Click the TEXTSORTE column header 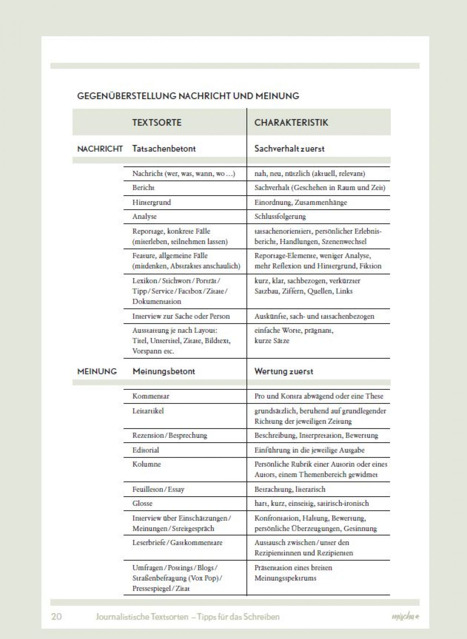(x=157, y=122)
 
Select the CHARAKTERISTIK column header (x=291, y=122)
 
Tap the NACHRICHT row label (x=100, y=149)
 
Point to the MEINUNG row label (x=97, y=371)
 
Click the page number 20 (x=56, y=617)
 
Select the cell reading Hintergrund (x=151, y=202)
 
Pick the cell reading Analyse (x=144, y=216)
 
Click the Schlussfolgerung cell (x=280, y=216)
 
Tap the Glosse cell (x=142, y=503)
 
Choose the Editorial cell (x=146, y=450)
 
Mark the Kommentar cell (x=151, y=396)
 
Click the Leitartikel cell (x=148, y=411)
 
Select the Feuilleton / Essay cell (x=158, y=489)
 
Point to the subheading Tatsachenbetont (x=164, y=149)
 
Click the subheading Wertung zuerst (x=284, y=371)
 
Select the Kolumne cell (x=146, y=464)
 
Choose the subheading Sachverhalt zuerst (x=289, y=149)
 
